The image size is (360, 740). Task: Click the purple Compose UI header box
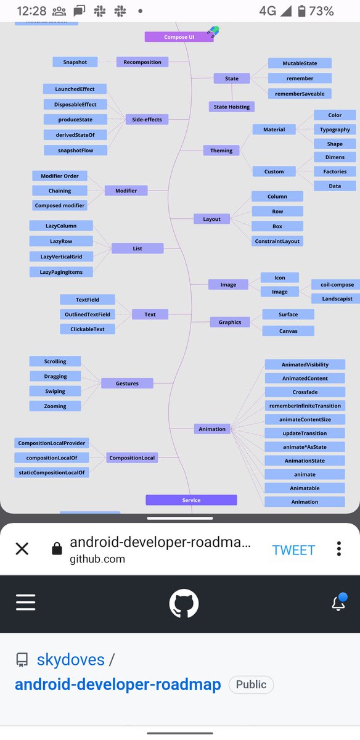(179, 37)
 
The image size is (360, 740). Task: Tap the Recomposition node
(142, 62)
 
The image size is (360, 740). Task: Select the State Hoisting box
(232, 107)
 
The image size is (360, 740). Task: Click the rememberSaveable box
(300, 94)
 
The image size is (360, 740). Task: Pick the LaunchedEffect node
(75, 89)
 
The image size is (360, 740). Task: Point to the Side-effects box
(147, 119)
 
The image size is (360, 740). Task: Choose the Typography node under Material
(335, 129)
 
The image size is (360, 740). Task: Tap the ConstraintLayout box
(277, 241)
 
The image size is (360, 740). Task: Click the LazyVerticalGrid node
(61, 257)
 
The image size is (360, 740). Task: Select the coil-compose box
(337, 284)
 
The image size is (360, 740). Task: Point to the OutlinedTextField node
(88, 314)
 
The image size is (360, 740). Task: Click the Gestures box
(127, 383)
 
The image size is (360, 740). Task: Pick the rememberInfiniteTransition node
(305, 406)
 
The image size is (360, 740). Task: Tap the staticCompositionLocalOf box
(52, 472)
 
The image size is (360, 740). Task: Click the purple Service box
(191, 500)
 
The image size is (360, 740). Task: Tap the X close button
(22, 549)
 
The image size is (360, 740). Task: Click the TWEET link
(293, 550)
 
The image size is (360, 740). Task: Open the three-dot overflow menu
(339, 549)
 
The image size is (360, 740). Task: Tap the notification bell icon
(339, 602)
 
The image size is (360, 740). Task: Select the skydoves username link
(71, 659)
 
